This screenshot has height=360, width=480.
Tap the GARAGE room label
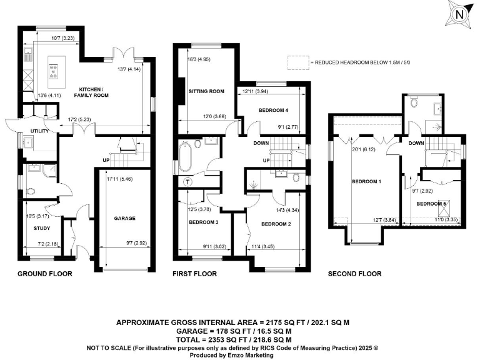coord(125,219)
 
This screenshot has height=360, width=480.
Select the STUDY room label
coord(42,228)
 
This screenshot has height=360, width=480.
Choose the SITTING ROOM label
coord(206,92)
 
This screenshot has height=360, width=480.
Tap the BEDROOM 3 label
coord(203,222)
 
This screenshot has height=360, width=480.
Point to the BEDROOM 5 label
coord(432,204)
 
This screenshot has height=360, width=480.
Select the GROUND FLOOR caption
coord(45,274)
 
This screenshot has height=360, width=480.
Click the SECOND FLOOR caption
coord(355,274)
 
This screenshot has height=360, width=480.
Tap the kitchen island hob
coord(53,71)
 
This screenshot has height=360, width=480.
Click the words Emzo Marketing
coord(252,355)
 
